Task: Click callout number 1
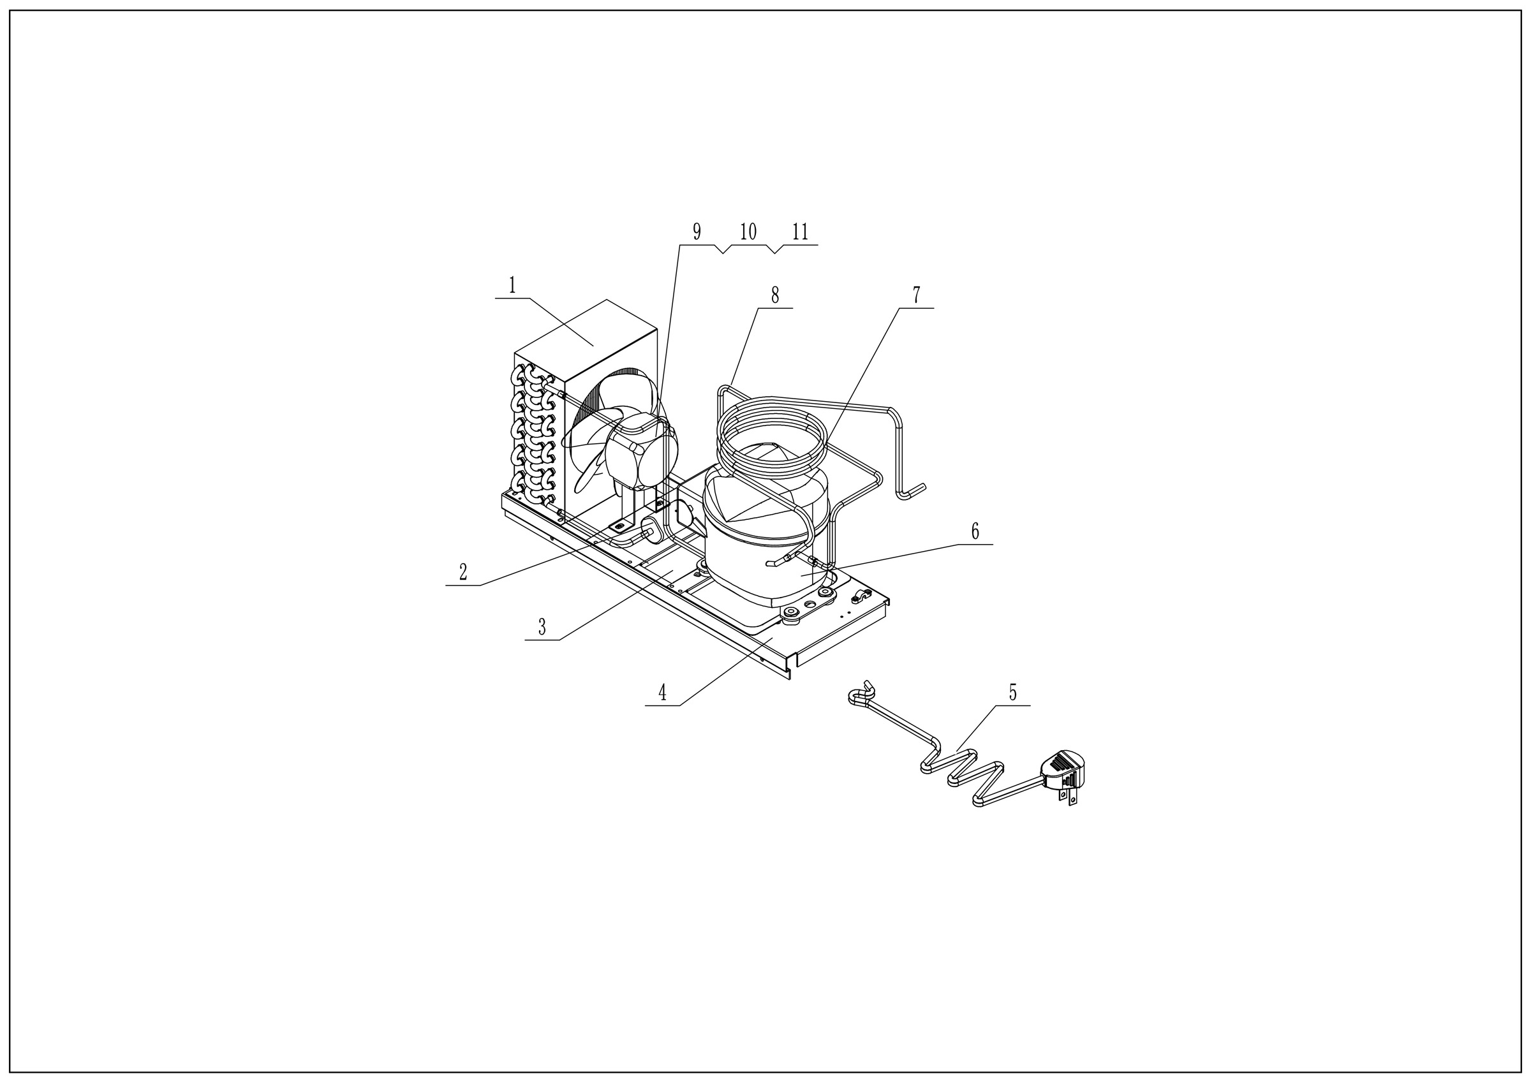pyautogui.click(x=512, y=286)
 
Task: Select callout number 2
pyautogui.click(x=462, y=571)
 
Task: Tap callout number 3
pyautogui.click(x=542, y=627)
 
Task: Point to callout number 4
pyautogui.click(x=662, y=693)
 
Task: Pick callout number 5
pyautogui.click(x=1012, y=693)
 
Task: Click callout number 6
pyautogui.click(x=975, y=531)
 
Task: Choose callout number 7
pyautogui.click(x=916, y=295)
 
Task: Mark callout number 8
pyautogui.click(x=775, y=295)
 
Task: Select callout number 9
pyautogui.click(x=697, y=232)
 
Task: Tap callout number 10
pyautogui.click(x=748, y=232)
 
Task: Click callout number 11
pyautogui.click(x=800, y=232)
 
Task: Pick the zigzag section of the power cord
pyautogui.click(x=963, y=774)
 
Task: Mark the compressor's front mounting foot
pyautogui.click(x=794, y=615)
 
